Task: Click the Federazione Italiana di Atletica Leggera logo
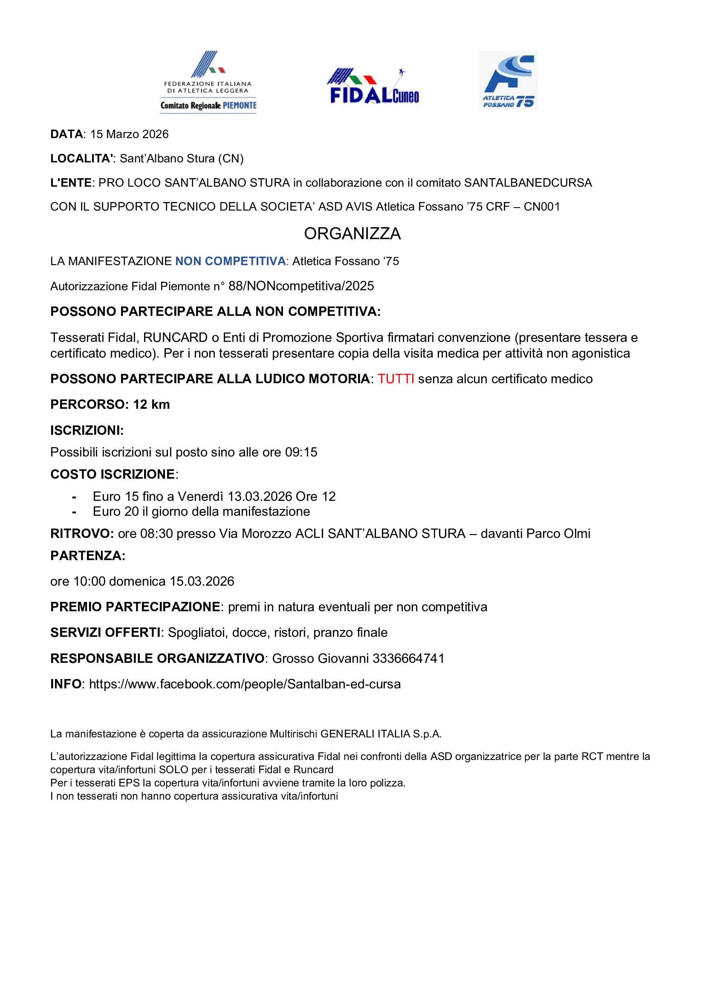(208, 82)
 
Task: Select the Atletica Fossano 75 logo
(509, 80)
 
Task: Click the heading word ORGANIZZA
(352, 234)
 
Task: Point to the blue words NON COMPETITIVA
(230, 261)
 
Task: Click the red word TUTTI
(396, 379)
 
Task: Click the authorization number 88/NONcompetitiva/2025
(301, 286)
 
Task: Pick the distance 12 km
(151, 404)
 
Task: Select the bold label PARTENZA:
(88, 555)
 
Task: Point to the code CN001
(542, 207)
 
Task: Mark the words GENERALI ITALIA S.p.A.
(381, 734)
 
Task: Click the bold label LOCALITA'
(81, 159)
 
